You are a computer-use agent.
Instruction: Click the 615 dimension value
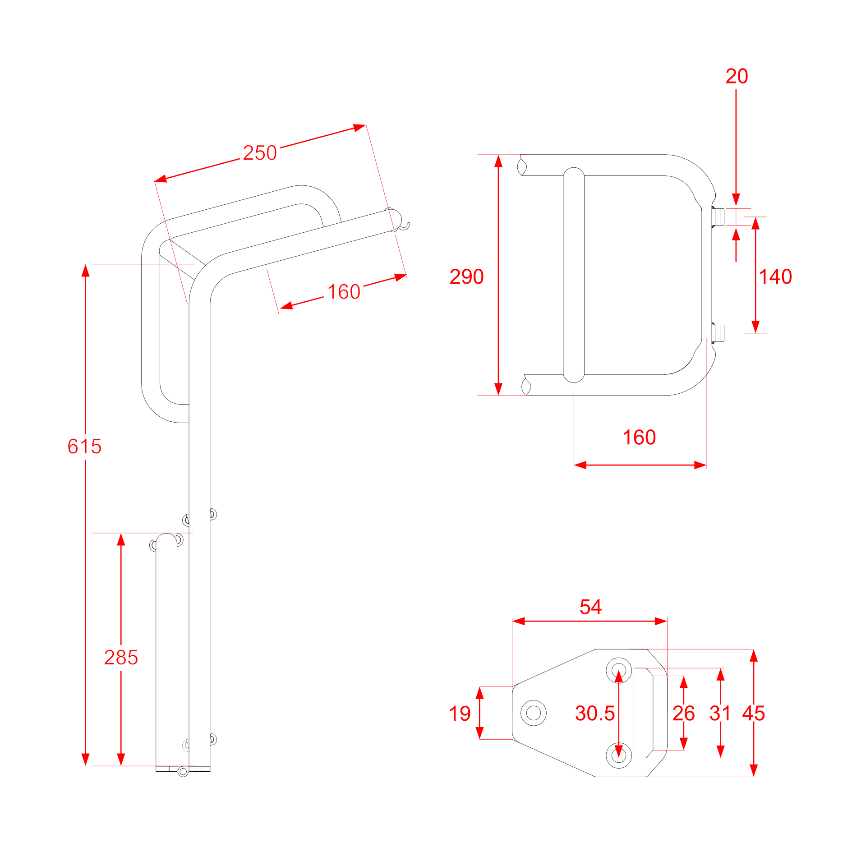(84, 447)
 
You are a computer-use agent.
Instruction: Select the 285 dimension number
(121, 658)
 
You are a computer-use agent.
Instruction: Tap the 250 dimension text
(260, 153)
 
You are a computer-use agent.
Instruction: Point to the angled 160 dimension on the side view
(344, 292)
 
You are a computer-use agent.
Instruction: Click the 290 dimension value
(466, 276)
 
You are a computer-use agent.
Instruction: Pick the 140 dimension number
(775, 276)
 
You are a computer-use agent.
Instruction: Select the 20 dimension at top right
(737, 76)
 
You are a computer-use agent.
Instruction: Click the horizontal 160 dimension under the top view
(639, 438)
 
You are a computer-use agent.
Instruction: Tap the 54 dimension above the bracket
(590, 607)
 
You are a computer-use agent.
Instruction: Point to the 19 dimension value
(460, 714)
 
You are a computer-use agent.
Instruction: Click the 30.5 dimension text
(595, 714)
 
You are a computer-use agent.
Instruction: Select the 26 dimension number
(683, 714)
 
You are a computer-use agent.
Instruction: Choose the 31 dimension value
(720, 714)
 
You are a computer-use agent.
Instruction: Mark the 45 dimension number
(753, 714)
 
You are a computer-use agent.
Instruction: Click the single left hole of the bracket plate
(534, 713)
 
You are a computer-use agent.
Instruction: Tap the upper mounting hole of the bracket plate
(619, 670)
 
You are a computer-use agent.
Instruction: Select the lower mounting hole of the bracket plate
(619, 755)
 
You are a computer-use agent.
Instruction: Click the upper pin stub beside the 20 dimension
(719, 217)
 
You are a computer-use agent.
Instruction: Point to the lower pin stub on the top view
(719, 334)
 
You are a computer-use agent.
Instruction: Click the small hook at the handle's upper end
(406, 225)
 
